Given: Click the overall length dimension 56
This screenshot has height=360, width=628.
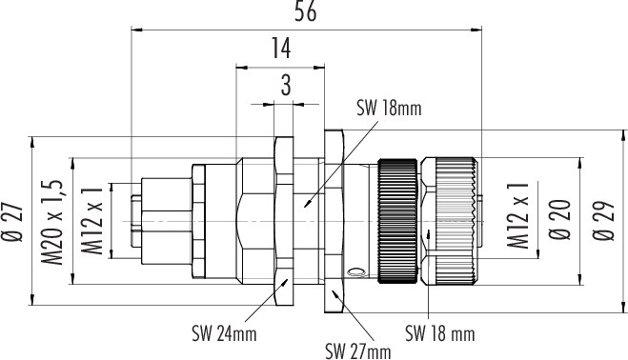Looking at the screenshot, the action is click(x=306, y=11).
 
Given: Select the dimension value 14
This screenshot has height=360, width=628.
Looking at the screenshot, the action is click(x=281, y=48).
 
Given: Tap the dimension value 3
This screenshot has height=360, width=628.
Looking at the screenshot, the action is click(x=286, y=86).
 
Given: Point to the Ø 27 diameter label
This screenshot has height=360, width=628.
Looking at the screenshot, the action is click(x=12, y=222).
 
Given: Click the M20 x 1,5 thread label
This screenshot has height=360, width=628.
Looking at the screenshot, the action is click(x=52, y=223).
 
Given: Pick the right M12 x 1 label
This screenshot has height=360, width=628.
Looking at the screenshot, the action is click(x=518, y=215).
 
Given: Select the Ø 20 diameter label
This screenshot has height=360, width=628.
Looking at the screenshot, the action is click(x=559, y=219).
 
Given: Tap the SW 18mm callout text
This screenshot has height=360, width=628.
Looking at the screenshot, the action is click(x=390, y=109).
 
